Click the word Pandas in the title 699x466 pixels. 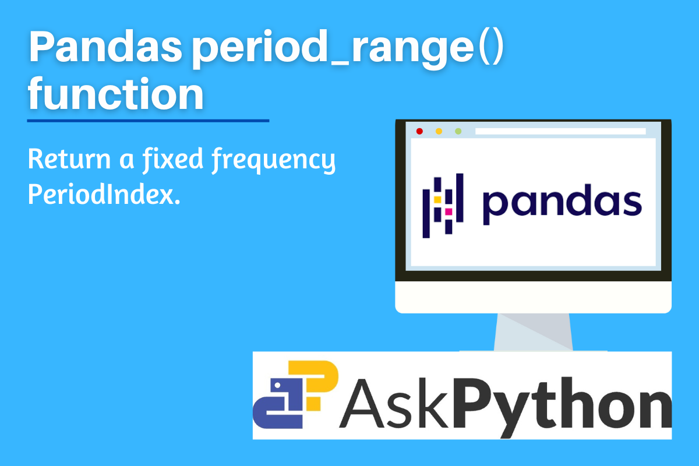(x=105, y=46)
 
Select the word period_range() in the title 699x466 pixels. (x=348, y=50)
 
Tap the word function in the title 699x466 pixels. (x=115, y=94)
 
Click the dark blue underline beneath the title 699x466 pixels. (x=148, y=121)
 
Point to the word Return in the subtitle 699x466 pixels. (x=69, y=159)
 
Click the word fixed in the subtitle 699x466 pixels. (x=173, y=160)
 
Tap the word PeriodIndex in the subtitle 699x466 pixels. (x=104, y=194)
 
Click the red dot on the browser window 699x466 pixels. (x=419, y=131)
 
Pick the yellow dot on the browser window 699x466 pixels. (x=439, y=131)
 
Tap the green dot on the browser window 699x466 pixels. (x=458, y=131)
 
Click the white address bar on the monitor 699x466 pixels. (x=560, y=131)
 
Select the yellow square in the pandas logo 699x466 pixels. (x=437, y=200)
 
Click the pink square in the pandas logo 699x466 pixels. (x=449, y=212)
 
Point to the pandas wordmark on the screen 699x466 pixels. (x=562, y=204)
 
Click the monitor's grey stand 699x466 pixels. (x=534, y=332)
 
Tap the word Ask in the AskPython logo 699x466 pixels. (x=394, y=403)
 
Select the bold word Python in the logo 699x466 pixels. (x=562, y=406)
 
